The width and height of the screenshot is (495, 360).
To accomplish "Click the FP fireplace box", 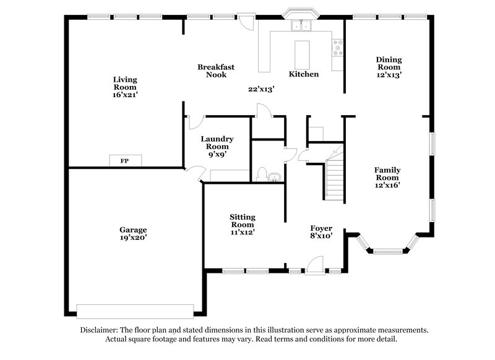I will (124, 161).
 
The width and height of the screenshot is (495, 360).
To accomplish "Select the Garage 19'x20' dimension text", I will (133, 237).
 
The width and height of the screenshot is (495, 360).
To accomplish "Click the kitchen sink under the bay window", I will (303, 25).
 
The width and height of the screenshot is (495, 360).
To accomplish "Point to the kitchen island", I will (303, 54).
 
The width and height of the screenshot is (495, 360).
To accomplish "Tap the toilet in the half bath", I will (262, 173).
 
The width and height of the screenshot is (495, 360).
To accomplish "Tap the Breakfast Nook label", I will (216, 71).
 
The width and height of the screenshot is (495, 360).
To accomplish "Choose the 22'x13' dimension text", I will (261, 89).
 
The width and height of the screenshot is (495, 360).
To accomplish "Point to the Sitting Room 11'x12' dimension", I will (242, 233).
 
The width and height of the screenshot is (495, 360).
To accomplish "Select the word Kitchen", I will (304, 74).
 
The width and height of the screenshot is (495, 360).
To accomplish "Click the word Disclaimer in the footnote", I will (101, 330).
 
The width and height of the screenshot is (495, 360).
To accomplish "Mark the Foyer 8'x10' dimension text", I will (321, 236).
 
